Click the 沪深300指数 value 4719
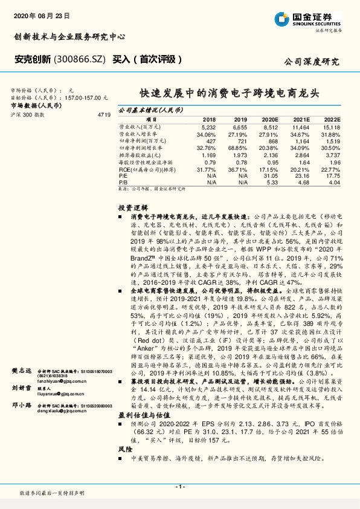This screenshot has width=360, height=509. coord(103,114)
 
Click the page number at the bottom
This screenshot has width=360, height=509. coord(179,487)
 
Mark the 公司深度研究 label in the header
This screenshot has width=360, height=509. coord(312,62)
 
